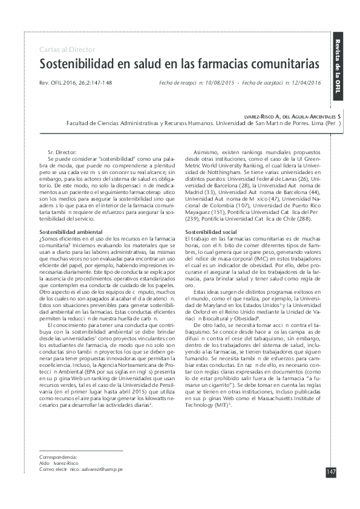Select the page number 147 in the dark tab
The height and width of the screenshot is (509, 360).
coord(331,472)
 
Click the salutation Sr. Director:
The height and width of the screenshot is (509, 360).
coord(66,149)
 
